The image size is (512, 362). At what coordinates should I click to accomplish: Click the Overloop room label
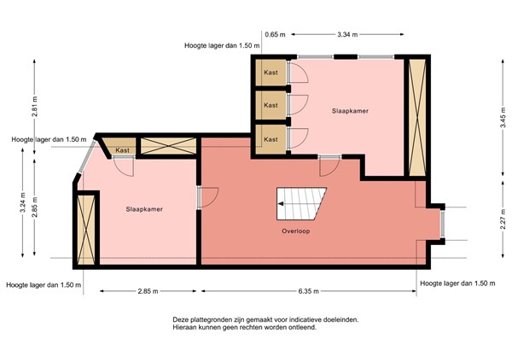point(296,231)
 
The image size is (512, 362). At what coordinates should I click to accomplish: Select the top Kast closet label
point(271,73)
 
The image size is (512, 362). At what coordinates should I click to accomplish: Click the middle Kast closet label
point(271,105)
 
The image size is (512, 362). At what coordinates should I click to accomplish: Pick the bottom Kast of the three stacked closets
point(271,139)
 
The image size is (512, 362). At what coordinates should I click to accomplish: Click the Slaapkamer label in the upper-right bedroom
point(350,111)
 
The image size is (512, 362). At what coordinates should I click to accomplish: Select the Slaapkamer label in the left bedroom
point(144,209)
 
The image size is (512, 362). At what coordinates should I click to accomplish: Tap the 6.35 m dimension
point(308,291)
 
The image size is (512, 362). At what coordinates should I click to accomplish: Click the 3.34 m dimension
point(347,34)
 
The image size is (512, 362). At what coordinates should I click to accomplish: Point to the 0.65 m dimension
point(275,34)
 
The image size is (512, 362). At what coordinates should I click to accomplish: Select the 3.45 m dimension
point(503,117)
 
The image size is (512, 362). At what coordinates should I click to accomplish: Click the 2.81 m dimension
point(35,106)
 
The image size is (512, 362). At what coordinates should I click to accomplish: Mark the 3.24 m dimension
point(22,202)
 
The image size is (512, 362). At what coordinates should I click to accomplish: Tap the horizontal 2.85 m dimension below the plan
point(148,291)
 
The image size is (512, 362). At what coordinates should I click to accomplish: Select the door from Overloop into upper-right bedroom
point(329,166)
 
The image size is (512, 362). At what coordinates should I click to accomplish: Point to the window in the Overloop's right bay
point(442,224)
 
